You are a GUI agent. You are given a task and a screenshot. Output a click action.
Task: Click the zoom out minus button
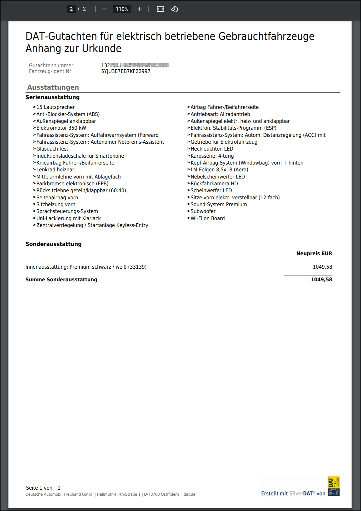point(104,9)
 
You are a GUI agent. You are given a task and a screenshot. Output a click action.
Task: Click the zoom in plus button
point(140,9)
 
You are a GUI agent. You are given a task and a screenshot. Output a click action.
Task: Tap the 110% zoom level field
point(122,9)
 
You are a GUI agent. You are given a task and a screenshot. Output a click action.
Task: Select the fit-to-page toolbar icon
point(160,9)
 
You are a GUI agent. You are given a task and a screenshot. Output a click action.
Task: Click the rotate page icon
point(174,9)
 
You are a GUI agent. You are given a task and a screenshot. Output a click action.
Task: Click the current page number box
point(71,9)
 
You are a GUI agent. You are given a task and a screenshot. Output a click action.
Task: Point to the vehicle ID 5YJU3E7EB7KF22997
point(126,71)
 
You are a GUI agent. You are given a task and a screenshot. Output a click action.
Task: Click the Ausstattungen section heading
point(53,87)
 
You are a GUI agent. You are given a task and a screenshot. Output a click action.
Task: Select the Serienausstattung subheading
point(52,97)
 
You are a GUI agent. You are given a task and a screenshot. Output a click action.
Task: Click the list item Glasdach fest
point(52,149)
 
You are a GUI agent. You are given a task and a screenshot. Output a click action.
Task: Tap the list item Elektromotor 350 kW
point(61,128)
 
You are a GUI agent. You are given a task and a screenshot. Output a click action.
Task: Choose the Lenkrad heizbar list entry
point(55,170)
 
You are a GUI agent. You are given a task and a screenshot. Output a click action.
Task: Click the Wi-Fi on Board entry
point(207,219)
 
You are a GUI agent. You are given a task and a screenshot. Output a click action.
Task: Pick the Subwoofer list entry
point(203,211)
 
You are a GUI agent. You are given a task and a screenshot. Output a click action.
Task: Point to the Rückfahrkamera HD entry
point(214,184)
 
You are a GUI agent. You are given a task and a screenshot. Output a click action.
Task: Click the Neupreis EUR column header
point(314,254)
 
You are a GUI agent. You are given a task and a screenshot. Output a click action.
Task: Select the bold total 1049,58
point(321,280)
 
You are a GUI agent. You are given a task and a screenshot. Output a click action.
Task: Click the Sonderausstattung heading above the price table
point(53,244)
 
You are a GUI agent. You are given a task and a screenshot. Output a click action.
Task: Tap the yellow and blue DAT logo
point(334,486)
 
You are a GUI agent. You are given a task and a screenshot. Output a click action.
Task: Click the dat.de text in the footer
point(189,494)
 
